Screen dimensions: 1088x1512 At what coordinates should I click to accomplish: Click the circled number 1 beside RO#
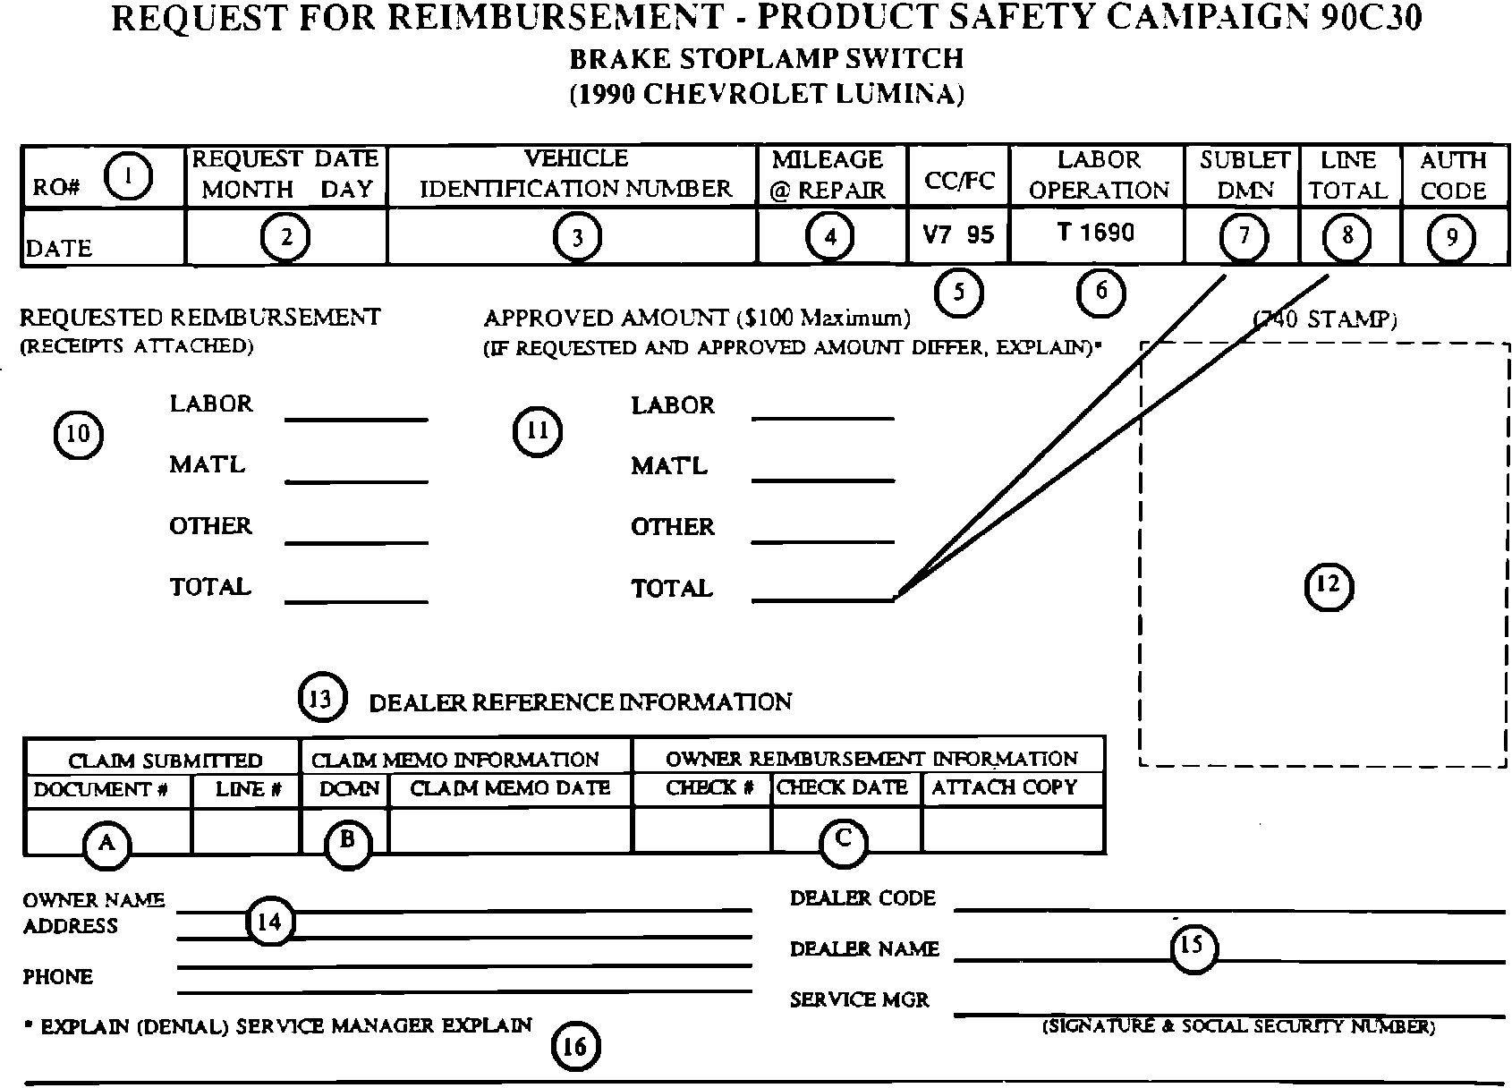[x=128, y=176]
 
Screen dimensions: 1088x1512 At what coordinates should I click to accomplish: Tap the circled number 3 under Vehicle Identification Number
[x=577, y=237]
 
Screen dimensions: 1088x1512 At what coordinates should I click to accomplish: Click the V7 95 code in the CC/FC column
[x=958, y=234]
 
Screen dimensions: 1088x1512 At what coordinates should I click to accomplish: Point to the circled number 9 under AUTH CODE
[x=1451, y=237]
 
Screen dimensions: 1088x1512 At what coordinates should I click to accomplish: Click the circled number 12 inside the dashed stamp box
[x=1329, y=585]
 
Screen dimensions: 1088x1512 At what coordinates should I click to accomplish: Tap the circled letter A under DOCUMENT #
[x=106, y=843]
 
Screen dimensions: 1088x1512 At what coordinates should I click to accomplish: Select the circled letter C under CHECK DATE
[x=843, y=840]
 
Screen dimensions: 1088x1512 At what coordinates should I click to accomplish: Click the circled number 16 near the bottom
[x=574, y=1047]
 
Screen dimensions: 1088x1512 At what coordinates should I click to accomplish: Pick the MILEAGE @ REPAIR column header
[x=828, y=174]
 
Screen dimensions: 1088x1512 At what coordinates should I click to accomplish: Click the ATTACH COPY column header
[x=1004, y=787]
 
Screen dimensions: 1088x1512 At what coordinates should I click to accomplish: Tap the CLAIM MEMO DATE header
[x=510, y=788]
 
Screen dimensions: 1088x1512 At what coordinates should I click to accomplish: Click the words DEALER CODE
[x=862, y=898]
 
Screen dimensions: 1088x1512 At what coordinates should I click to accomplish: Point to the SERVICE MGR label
[x=859, y=999]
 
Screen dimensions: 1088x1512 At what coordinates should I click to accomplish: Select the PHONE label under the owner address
[x=58, y=976]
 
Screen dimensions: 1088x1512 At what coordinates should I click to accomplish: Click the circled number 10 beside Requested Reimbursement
[x=79, y=434]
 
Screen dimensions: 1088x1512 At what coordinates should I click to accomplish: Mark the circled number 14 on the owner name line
[x=269, y=922]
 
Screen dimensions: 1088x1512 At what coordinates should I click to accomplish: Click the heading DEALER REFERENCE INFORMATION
[x=580, y=702]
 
